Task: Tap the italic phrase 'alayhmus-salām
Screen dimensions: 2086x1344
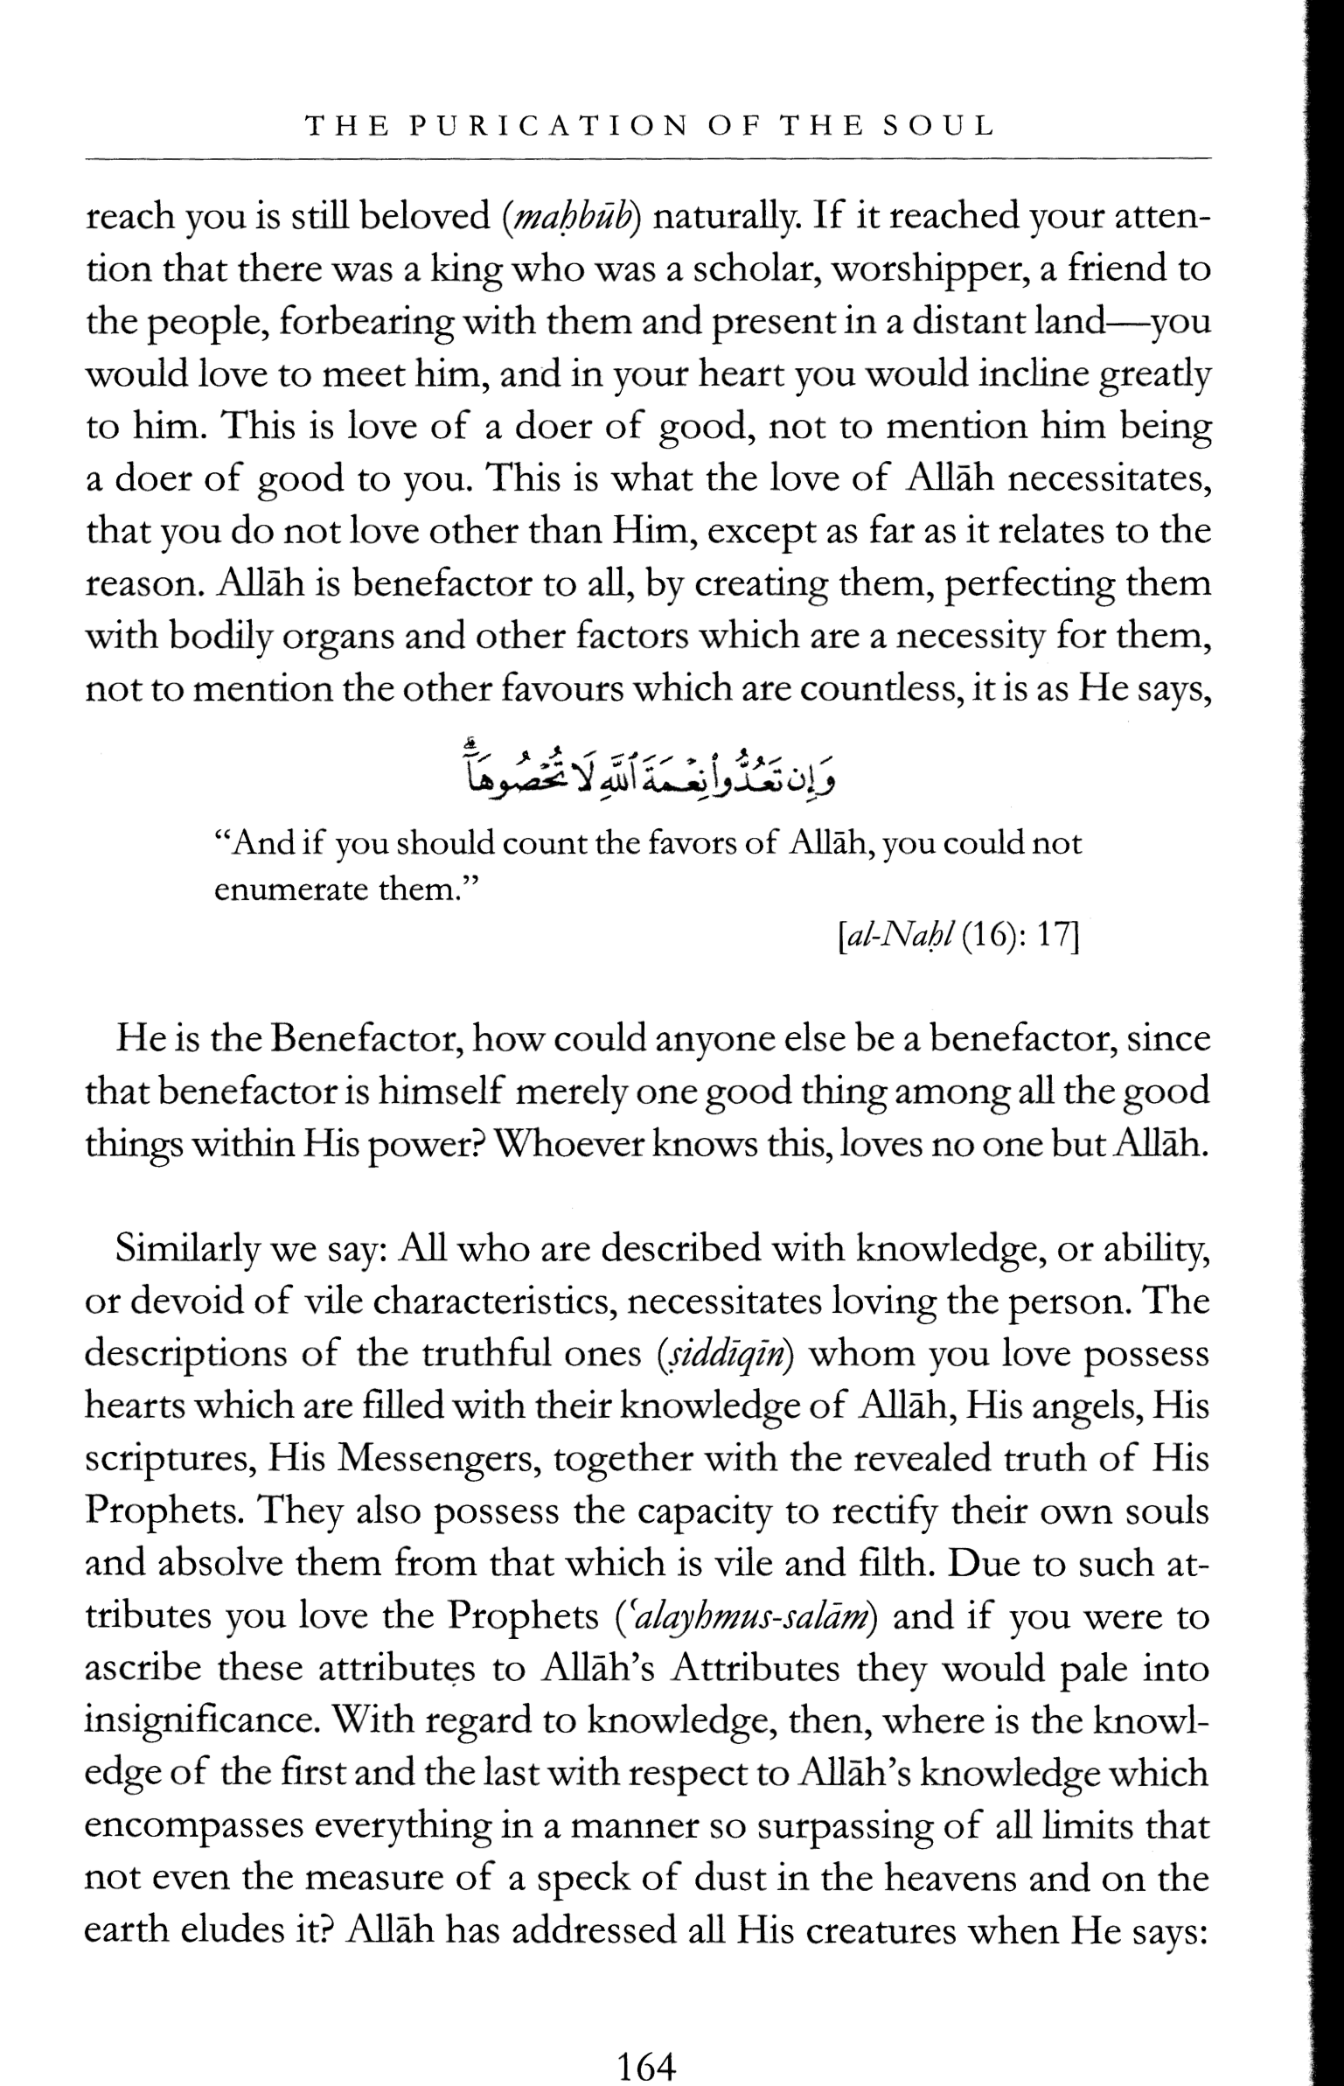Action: (x=742, y=1617)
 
